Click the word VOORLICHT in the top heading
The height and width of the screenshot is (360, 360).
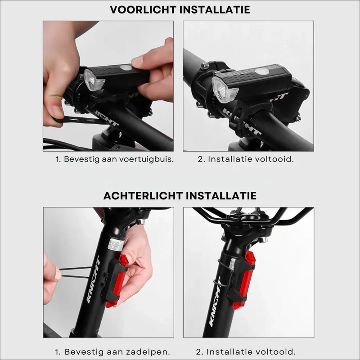point(143,10)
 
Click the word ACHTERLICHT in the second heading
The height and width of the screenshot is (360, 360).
point(143,196)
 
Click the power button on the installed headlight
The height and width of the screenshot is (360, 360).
point(262,72)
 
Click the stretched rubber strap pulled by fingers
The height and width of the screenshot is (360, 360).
point(75,272)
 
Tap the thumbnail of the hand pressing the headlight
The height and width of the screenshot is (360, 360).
point(108,86)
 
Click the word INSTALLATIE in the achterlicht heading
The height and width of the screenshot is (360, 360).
point(221,196)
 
